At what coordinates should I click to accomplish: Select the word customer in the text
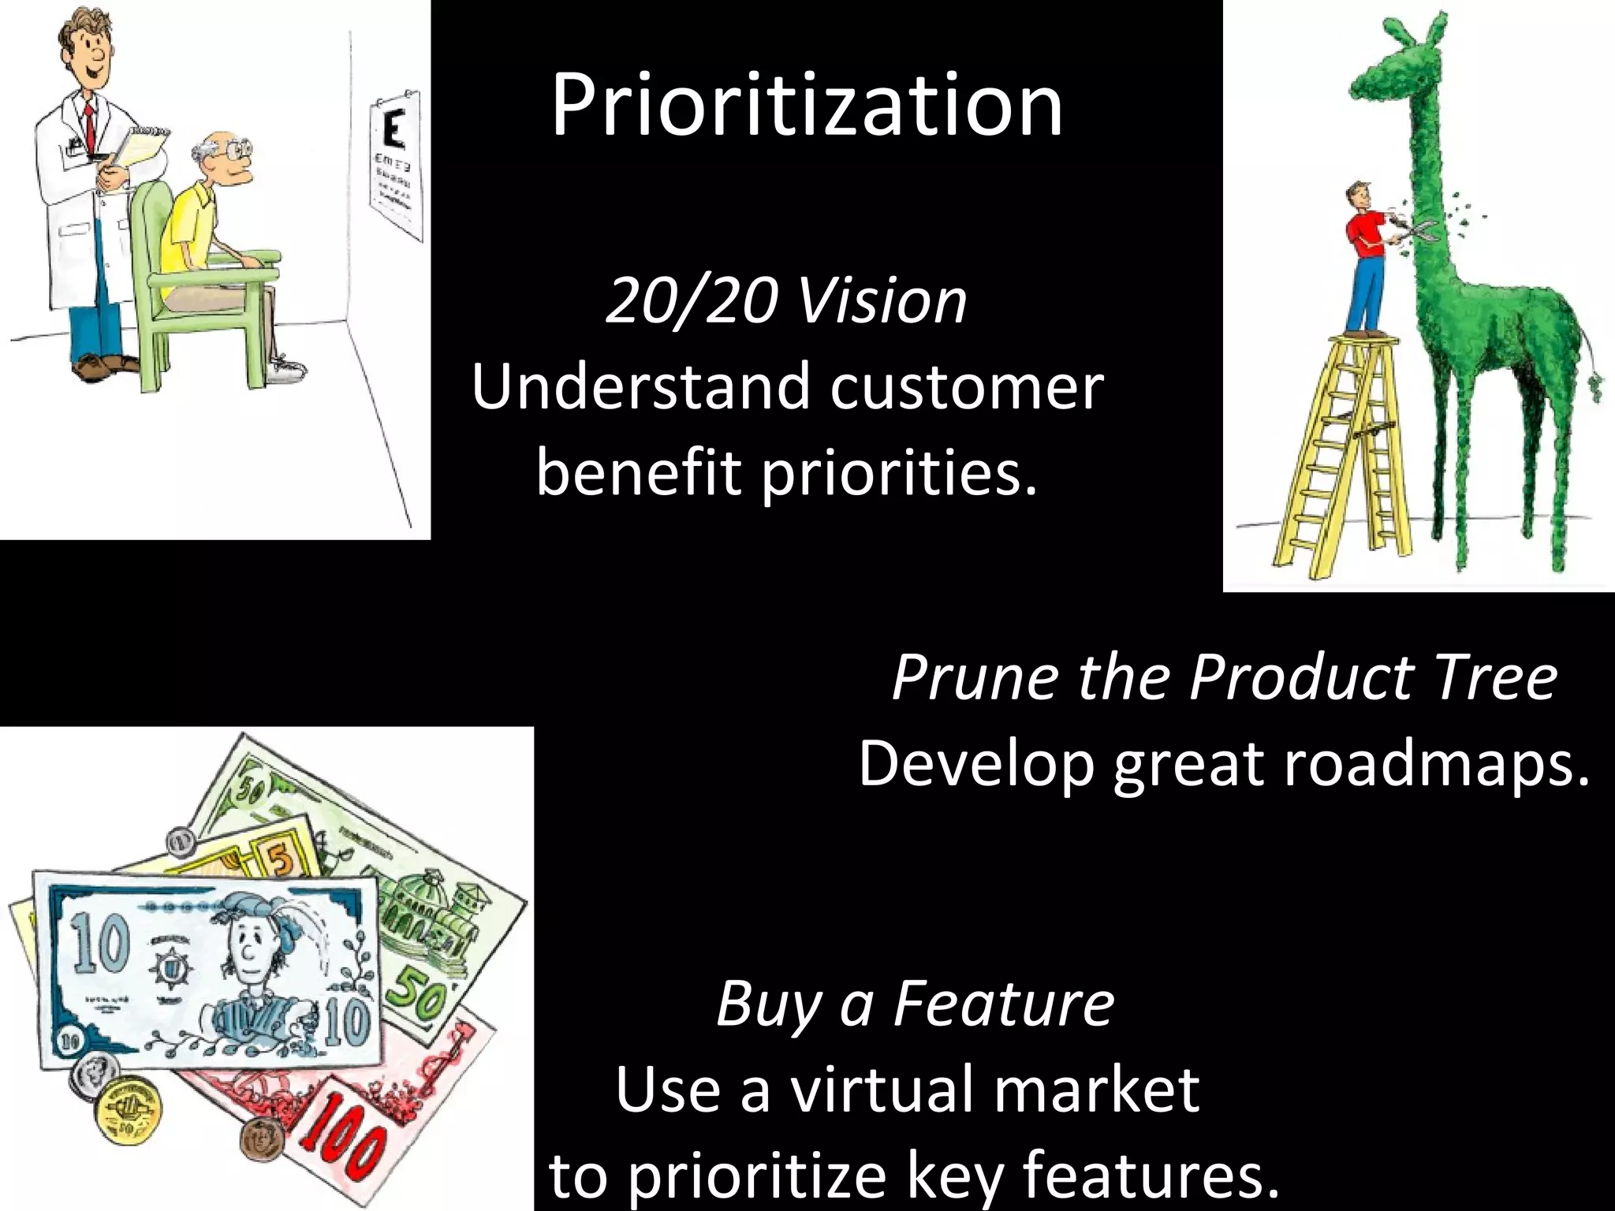point(966,388)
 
